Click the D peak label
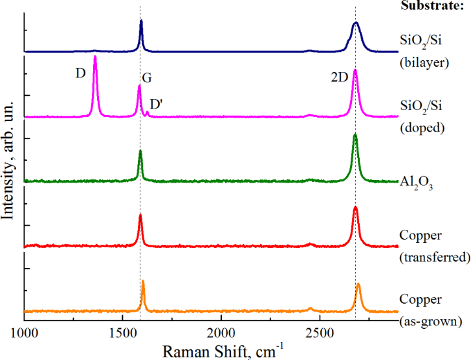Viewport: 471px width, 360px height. [80, 73]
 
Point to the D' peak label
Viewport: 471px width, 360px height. [157, 104]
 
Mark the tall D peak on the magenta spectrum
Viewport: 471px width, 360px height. [95, 58]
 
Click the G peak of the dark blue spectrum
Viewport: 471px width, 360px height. [141, 23]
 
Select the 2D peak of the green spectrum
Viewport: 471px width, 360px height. [355, 137]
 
